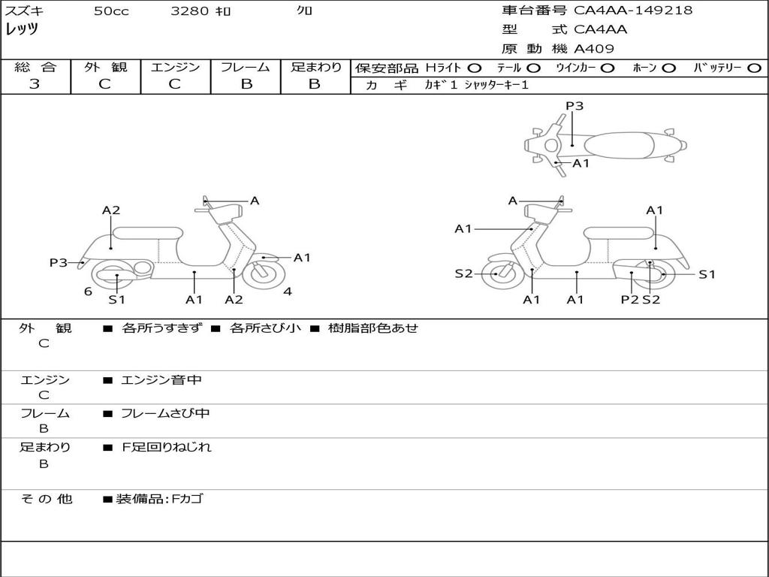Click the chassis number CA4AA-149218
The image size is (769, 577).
(632, 10)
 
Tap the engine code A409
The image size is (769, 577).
(593, 49)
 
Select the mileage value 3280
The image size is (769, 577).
(190, 11)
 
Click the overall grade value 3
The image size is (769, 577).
(35, 83)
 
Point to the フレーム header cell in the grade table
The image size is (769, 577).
(246, 67)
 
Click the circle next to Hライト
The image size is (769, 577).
(475, 68)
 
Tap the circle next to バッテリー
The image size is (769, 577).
(754, 68)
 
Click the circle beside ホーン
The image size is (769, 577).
(668, 68)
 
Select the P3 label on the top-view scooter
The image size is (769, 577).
(574, 105)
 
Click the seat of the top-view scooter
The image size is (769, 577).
(619, 146)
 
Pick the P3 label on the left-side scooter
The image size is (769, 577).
(59, 262)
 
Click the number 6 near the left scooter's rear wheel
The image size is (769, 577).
(88, 292)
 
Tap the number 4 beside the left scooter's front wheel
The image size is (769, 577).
(288, 292)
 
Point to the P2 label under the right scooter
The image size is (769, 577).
(630, 299)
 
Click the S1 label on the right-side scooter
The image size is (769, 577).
(707, 274)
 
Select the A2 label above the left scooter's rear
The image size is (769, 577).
(111, 210)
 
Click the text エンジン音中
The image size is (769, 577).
(161, 379)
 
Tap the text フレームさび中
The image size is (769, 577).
(165, 413)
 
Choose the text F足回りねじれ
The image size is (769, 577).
(166, 447)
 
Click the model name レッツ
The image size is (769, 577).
(22, 29)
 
